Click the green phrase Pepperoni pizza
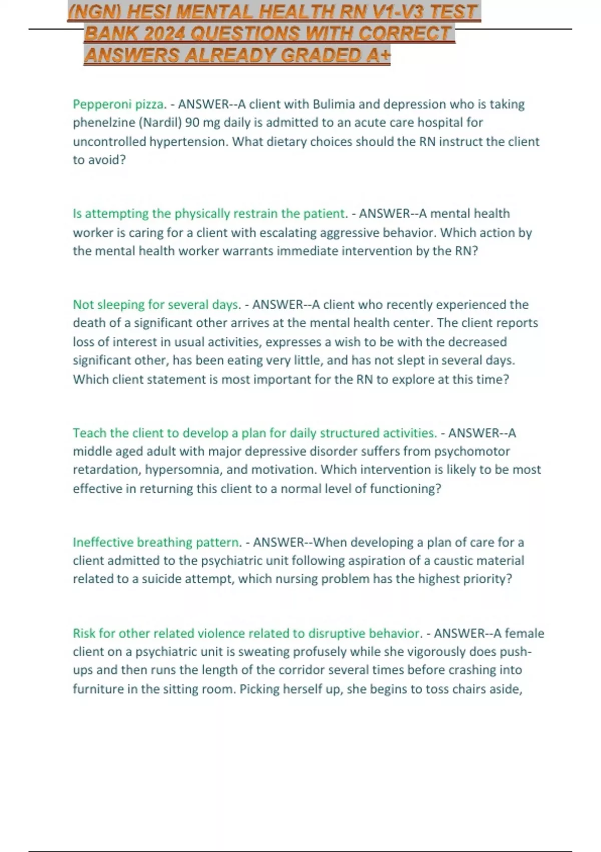coord(118,104)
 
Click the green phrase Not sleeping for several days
coord(156,305)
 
